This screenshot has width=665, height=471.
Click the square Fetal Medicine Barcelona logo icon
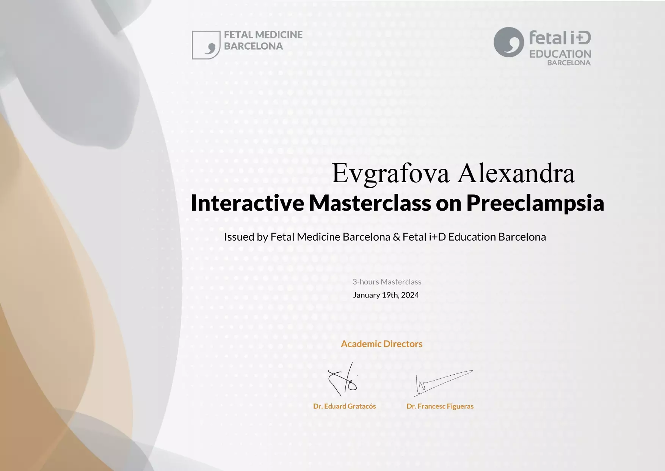(206, 45)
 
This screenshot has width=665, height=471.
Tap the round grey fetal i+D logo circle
(509, 42)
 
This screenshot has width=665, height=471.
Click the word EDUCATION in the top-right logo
(560, 54)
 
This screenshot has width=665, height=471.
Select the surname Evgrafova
(391, 173)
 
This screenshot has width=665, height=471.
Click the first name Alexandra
(516, 173)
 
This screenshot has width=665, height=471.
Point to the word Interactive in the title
(247, 203)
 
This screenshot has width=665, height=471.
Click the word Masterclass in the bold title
(370, 203)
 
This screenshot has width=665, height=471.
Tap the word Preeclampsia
(535, 203)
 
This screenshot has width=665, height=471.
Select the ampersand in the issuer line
(397, 237)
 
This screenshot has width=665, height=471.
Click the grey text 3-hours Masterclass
(387, 282)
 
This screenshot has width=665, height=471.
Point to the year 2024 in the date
(410, 295)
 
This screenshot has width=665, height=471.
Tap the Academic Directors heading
(381, 344)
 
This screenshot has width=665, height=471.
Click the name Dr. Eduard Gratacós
(344, 406)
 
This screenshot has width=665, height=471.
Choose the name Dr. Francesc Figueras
(440, 406)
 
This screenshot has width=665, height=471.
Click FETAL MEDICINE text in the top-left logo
(263, 35)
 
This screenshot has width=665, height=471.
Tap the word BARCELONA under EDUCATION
(569, 63)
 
